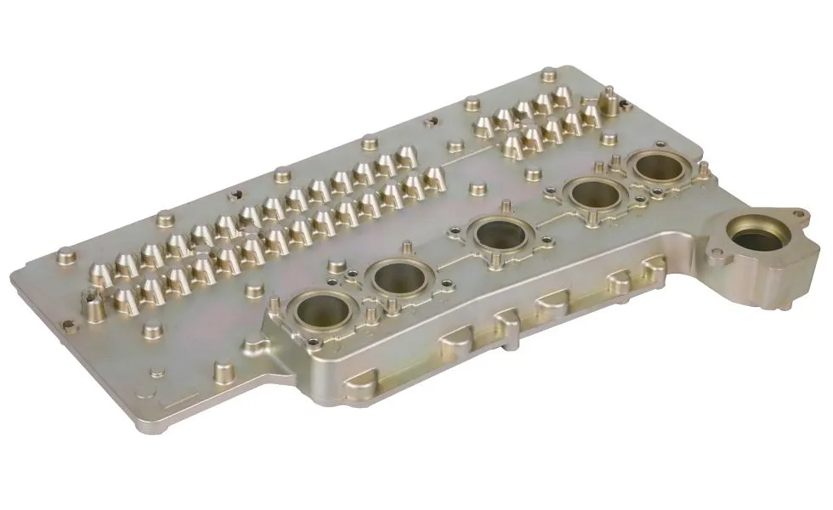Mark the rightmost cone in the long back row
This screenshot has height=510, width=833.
pos(434,177)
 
